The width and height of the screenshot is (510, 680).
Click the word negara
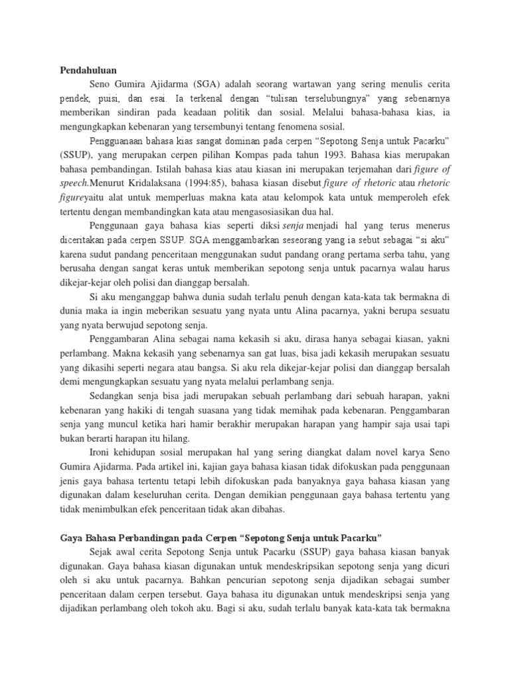236,368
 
